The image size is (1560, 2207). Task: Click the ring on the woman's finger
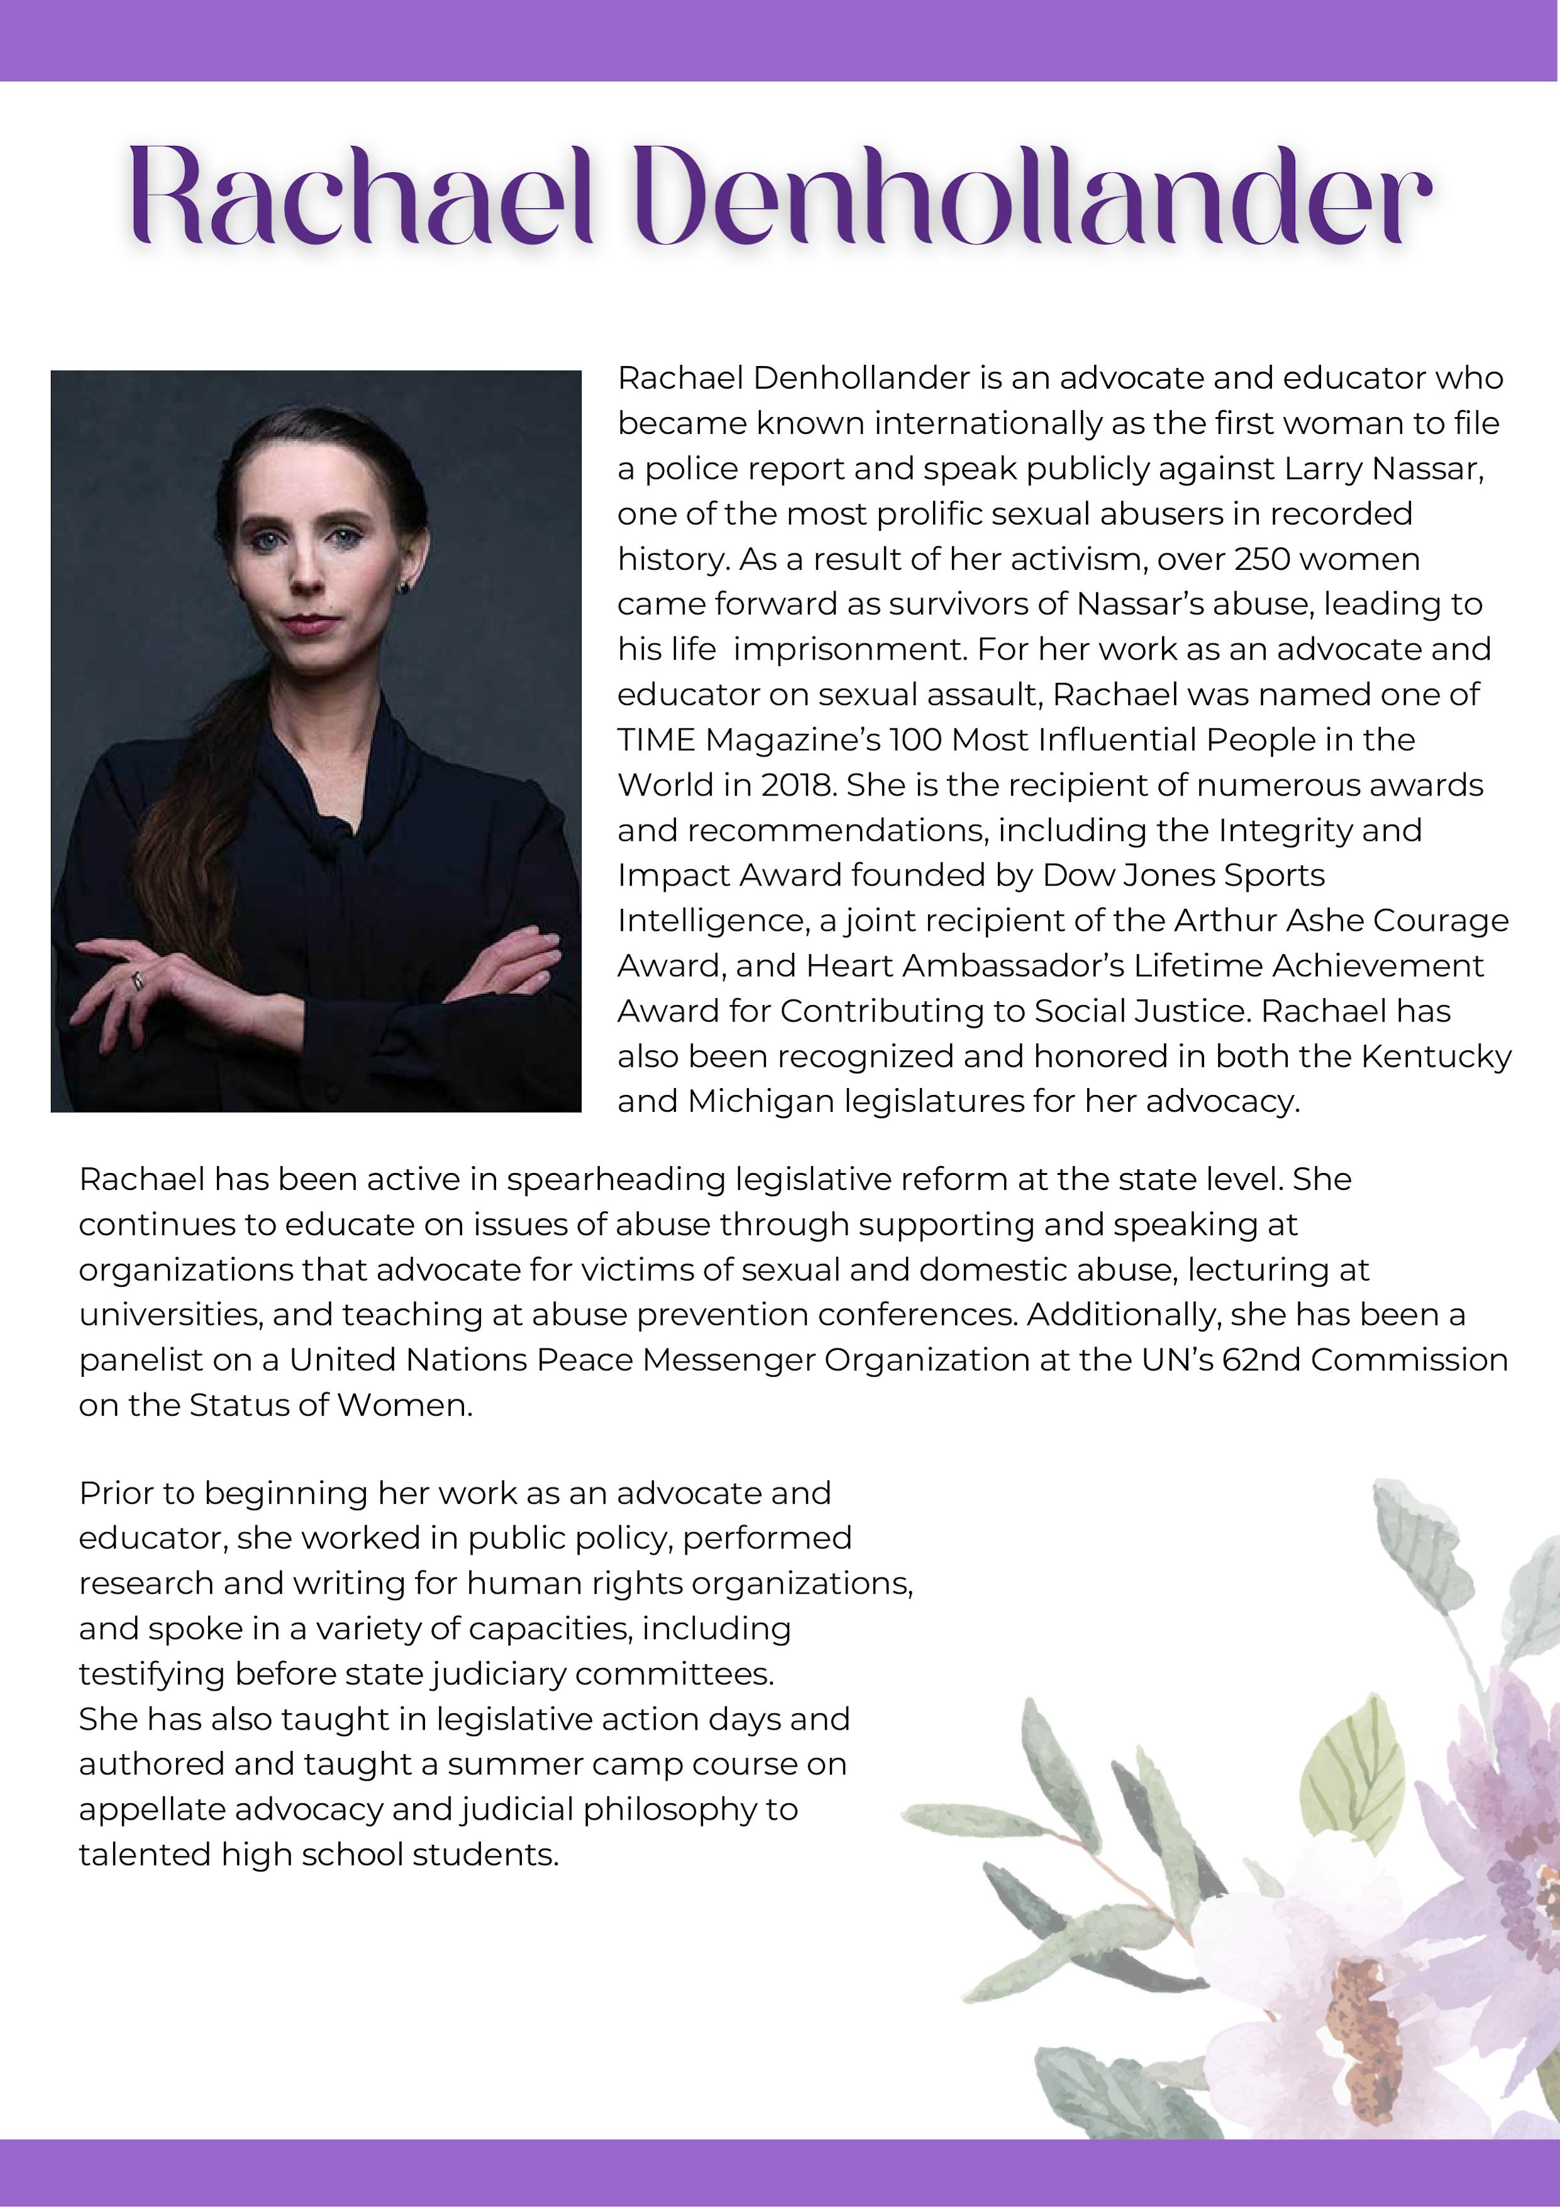138,981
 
